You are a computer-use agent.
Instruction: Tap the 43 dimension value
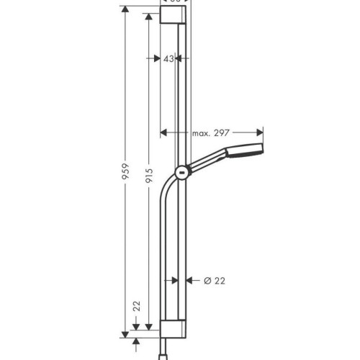[169, 60]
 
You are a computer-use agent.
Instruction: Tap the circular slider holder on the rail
[182, 172]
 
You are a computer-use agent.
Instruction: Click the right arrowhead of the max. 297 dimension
[261, 132]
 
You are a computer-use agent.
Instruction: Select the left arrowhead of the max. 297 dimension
[163, 132]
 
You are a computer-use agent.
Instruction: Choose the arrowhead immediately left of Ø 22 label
[189, 281]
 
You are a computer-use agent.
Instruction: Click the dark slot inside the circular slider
[182, 172]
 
